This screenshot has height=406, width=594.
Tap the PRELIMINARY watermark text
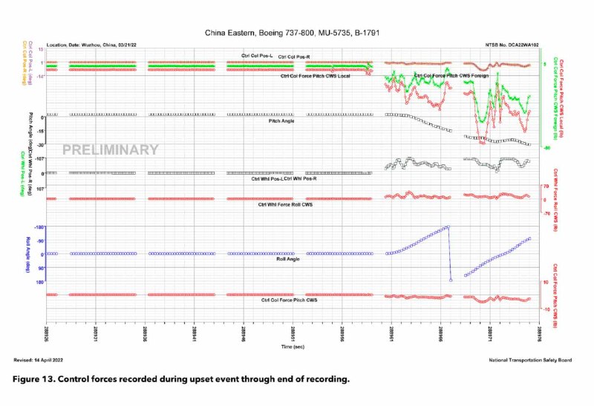click(x=110, y=149)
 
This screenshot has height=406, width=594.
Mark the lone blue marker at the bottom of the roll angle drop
click(x=451, y=280)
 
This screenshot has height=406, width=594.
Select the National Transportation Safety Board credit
click(x=529, y=360)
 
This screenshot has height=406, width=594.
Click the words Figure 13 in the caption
click(x=36, y=379)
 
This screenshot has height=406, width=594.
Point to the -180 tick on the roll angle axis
click(x=39, y=227)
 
